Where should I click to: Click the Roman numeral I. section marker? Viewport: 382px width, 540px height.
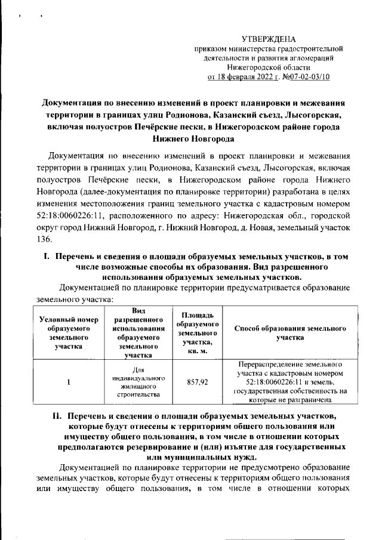(x=42, y=256)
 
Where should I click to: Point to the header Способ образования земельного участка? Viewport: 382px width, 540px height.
(x=291, y=333)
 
